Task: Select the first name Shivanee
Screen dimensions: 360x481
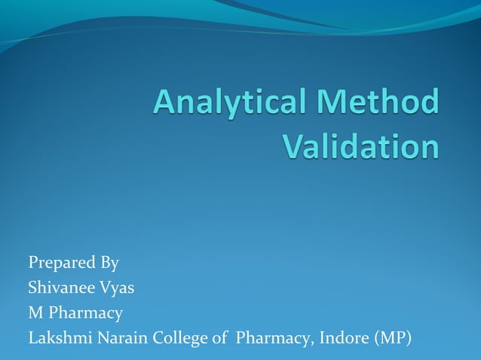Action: click(x=58, y=287)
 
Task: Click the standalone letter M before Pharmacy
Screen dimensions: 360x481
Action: click(x=35, y=312)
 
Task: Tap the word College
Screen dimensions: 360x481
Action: click(x=179, y=337)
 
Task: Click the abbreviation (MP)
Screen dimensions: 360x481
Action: click(x=393, y=337)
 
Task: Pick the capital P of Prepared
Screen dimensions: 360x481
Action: click(x=33, y=263)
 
